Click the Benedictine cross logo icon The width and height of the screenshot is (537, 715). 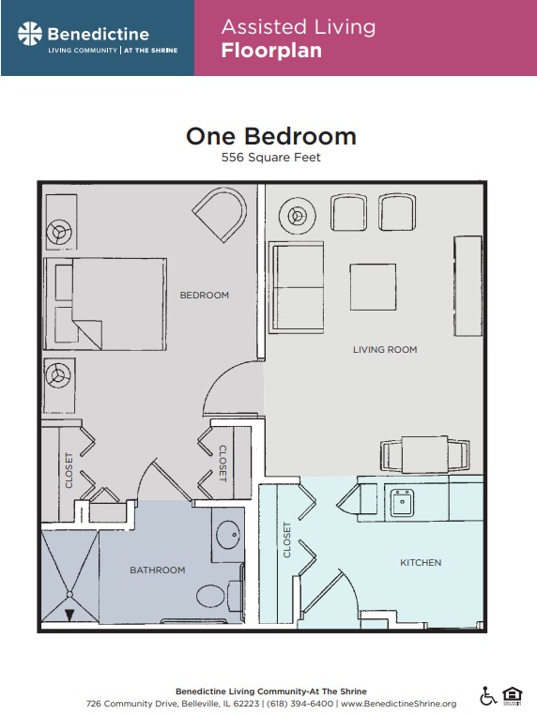tap(30, 34)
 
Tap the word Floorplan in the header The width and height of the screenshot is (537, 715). tap(271, 51)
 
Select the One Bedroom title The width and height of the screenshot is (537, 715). tap(271, 136)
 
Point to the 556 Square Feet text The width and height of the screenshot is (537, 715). tap(271, 158)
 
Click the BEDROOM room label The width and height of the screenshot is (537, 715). tap(205, 295)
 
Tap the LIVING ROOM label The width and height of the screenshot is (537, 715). tap(385, 350)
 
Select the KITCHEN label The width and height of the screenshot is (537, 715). tap(421, 563)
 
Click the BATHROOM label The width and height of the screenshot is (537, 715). tap(158, 570)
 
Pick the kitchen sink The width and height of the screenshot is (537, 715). tap(402, 502)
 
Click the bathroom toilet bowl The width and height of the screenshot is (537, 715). tap(211, 595)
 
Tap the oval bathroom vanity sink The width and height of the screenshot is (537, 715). tap(228, 534)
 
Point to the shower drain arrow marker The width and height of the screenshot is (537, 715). tap(69, 616)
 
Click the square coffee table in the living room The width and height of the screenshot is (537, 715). tap(373, 287)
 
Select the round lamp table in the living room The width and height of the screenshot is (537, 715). tap(298, 216)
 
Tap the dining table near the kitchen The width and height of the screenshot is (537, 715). tap(424, 455)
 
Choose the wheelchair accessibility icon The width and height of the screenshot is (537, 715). tap(488, 696)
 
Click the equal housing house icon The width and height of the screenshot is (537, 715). tap(513, 696)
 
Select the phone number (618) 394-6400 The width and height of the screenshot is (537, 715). tap(299, 704)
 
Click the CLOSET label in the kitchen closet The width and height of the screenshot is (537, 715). tap(287, 540)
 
